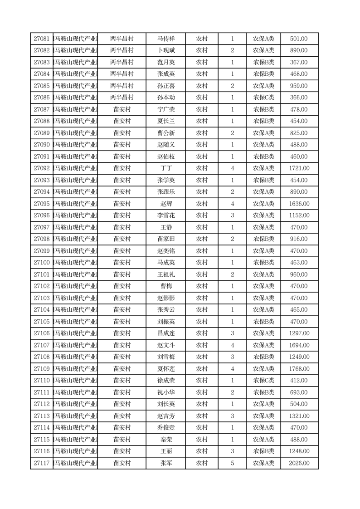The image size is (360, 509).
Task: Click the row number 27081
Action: point(42,39)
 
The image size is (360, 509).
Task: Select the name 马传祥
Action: point(165,39)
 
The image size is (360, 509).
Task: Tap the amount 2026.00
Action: point(299,463)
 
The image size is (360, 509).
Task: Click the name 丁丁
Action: point(165,168)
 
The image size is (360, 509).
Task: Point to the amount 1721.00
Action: point(299,168)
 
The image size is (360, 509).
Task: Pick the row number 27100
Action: point(42,263)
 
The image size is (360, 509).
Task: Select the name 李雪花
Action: point(165,215)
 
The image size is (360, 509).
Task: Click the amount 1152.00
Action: point(299,215)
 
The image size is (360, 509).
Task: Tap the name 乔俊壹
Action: point(165,428)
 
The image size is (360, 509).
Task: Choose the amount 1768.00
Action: point(299,369)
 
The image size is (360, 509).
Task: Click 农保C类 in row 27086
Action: point(263,98)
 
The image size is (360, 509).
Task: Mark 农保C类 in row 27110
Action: point(263,381)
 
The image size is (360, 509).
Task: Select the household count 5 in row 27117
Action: point(233,463)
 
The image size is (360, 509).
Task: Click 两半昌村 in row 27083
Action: point(122,63)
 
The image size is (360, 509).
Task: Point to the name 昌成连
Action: point(165,333)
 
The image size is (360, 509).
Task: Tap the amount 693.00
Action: point(299,392)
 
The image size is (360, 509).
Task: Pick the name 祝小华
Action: point(165,392)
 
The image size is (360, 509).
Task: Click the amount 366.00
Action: point(299,98)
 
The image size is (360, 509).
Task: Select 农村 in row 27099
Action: point(202,251)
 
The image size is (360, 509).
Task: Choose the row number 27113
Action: point(42,416)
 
